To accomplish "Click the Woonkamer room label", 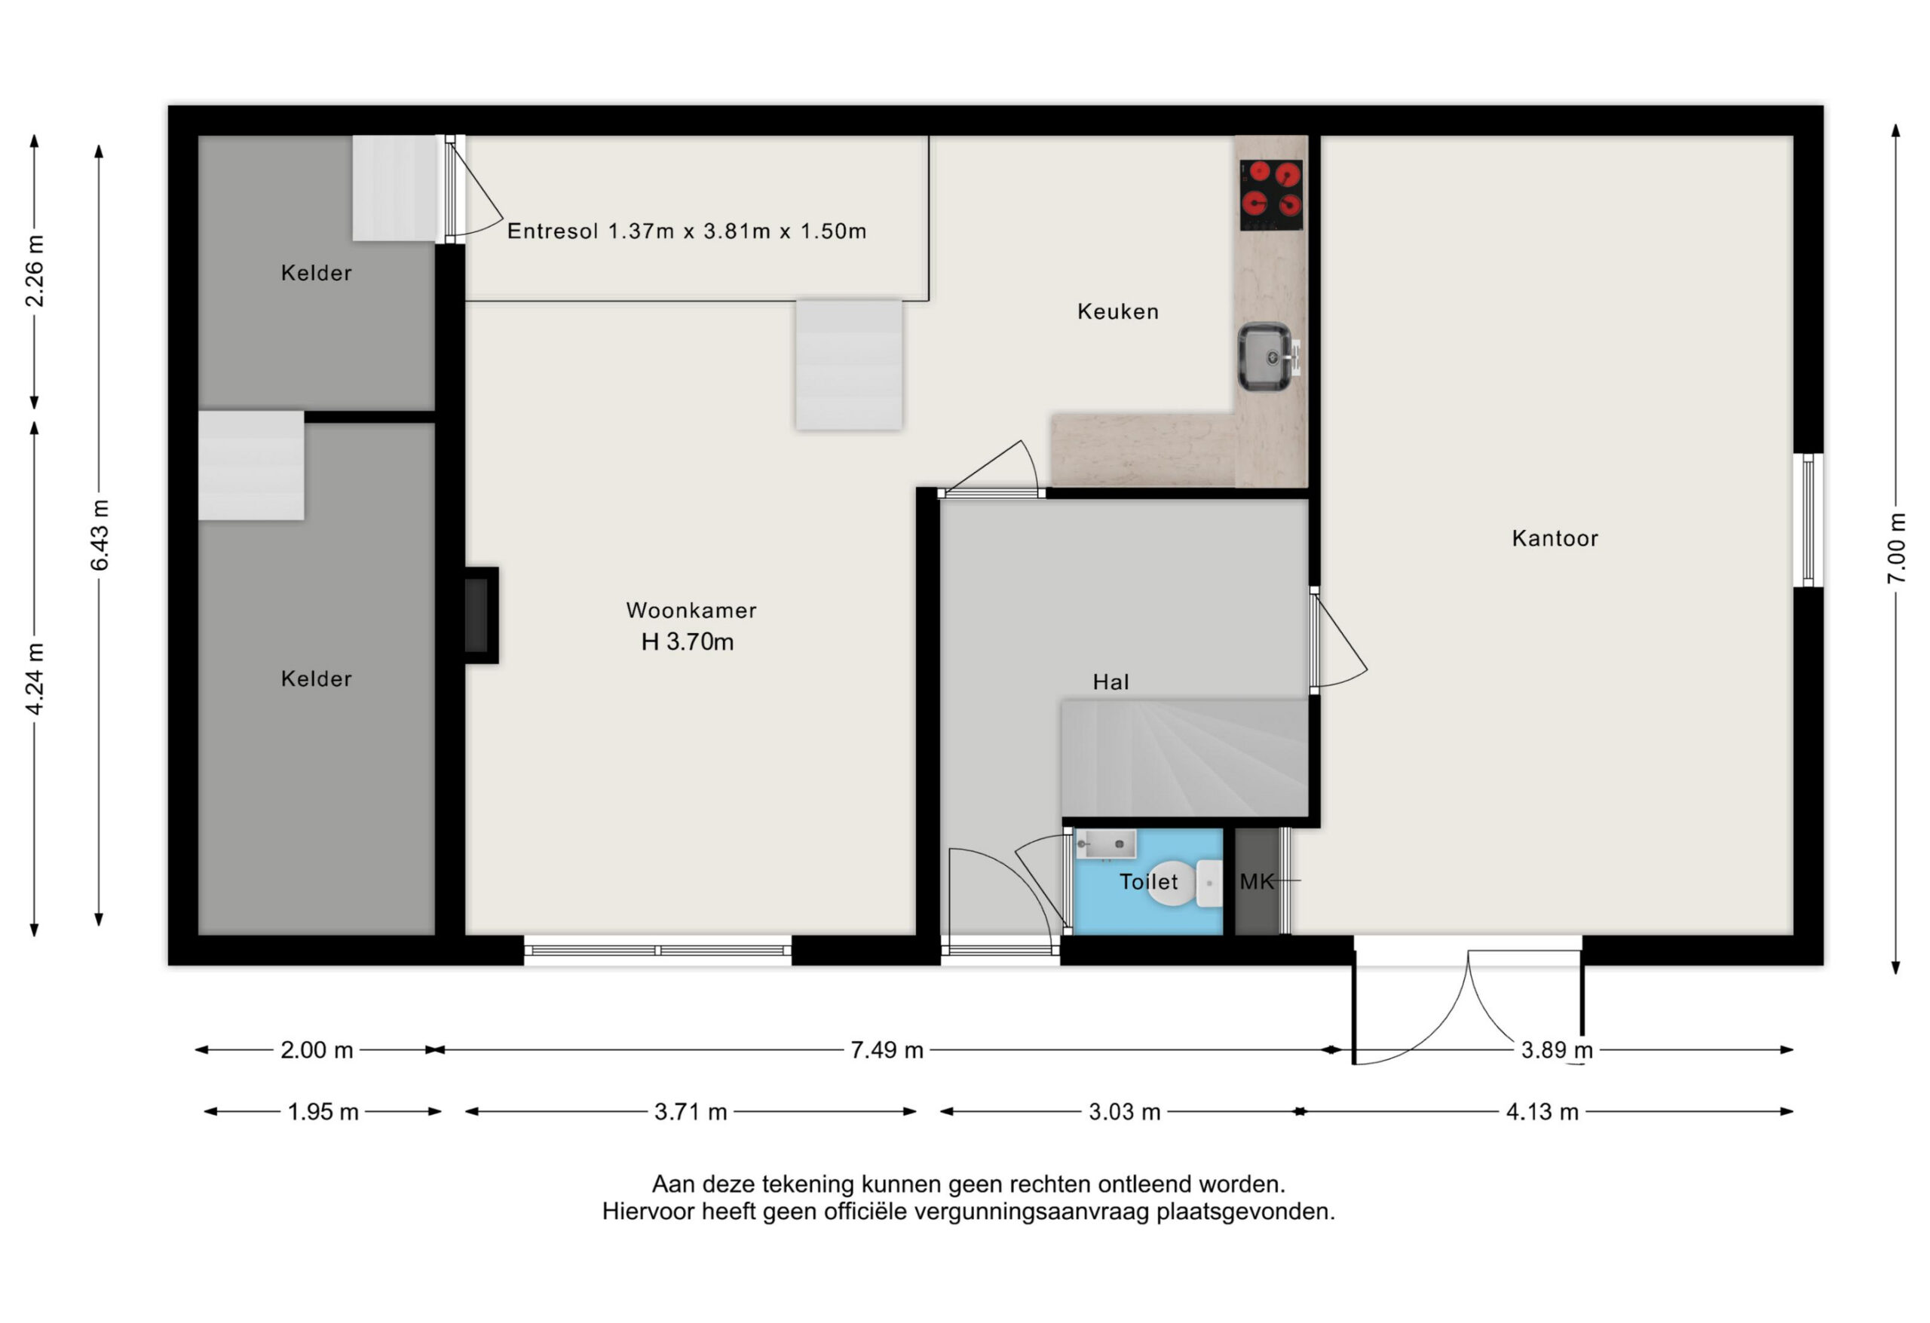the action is tap(691, 611).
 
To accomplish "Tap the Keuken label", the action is tap(1118, 311).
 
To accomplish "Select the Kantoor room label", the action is tap(1555, 538).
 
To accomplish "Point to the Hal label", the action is tap(1111, 681).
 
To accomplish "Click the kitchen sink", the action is tap(1266, 357).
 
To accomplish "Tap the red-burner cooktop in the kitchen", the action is tap(1270, 195).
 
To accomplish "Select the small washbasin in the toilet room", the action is tap(1105, 844).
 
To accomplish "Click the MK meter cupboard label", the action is tap(1257, 882).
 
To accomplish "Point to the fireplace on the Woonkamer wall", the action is tap(481, 615).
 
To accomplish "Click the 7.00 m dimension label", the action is tap(1896, 548).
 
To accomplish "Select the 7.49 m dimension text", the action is tap(886, 1050).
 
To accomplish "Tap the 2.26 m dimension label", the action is tap(34, 271).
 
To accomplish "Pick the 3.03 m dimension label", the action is tap(1124, 1111).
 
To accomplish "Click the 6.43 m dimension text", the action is tap(99, 536).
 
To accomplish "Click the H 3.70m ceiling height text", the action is tap(688, 642).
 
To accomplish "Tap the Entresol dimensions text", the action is tap(687, 231).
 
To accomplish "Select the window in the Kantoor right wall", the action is tap(1808, 520).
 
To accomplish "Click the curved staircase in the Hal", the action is tap(1185, 758).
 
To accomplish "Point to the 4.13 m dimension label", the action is tap(1542, 1111).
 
